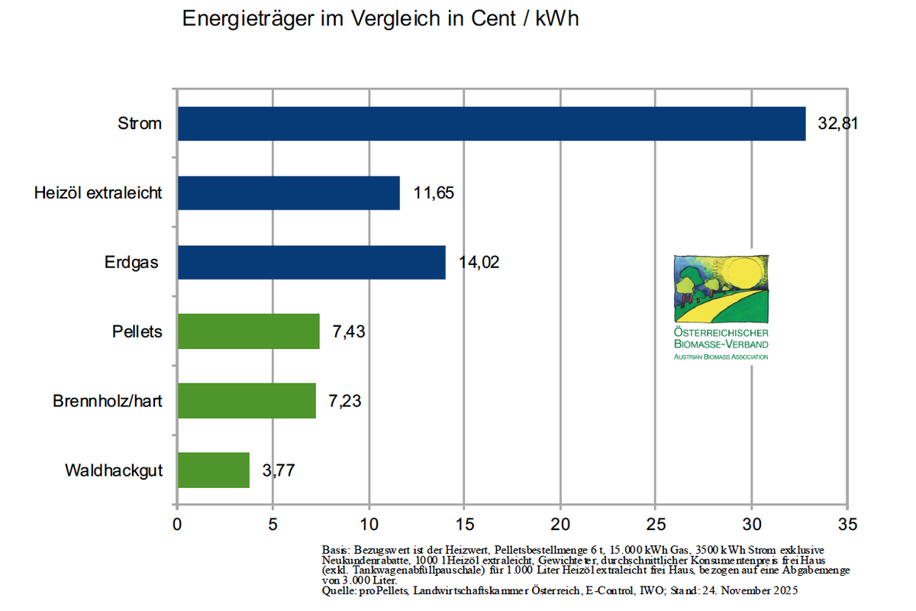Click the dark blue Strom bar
coord(492,124)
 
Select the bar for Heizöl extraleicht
coord(289,192)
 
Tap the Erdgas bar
coord(311,262)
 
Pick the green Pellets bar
coord(248,331)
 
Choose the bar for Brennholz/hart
coord(247,400)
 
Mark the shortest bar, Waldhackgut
coord(214,470)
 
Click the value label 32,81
coord(838,124)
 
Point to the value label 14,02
coord(479,263)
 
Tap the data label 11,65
coord(434,193)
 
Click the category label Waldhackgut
coord(114,470)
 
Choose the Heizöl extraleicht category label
coord(98,192)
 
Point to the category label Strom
coord(140,123)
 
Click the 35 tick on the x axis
coord(847,525)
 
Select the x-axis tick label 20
coord(560,525)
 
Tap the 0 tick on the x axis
coord(177,525)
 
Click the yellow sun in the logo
coord(743,273)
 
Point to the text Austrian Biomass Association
coord(721,357)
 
